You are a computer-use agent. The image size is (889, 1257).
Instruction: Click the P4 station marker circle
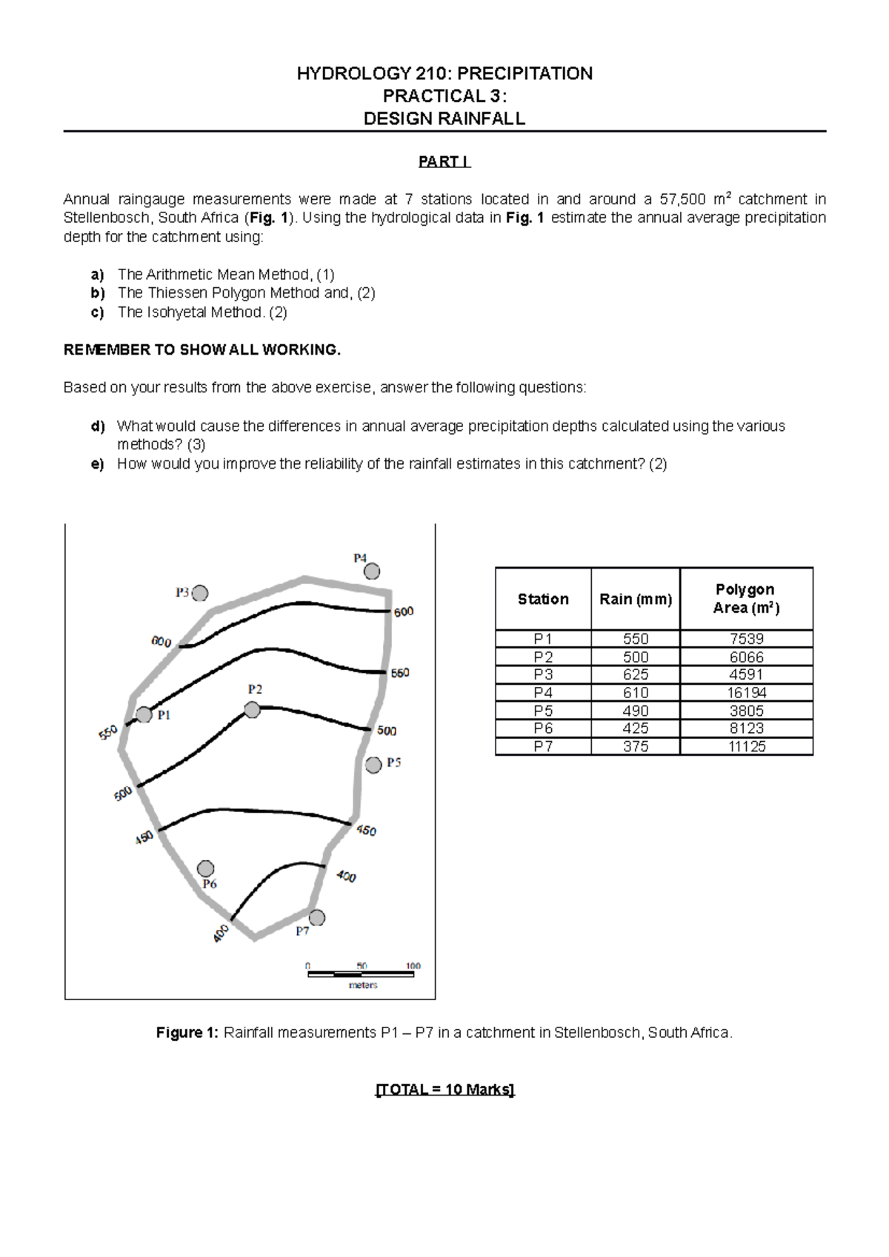pyautogui.click(x=372, y=571)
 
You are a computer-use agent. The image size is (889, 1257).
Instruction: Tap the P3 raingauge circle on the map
pyautogui.click(x=200, y=593)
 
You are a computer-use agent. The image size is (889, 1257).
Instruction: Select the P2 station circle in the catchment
pyautogui.click(x=253, y=710)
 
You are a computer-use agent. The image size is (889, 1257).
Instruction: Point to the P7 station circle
pyautogui.click(x=317, y=918)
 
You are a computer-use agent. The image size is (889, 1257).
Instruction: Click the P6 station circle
pyautogui.click(x=206, y=868)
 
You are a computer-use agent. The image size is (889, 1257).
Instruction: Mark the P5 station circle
pyautogui.click(x=373, y=765)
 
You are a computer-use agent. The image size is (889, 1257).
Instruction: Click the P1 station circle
pyautogui.click(x=144, y=715)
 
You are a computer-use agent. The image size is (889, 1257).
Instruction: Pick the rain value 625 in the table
pyautogui.click(x=636, y=674)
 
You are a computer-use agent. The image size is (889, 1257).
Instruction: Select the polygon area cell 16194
pyautogui.click(x=746, y=693)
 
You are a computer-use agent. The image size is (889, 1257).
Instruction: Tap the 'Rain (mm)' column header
pyautogui.click(x=636, y=599)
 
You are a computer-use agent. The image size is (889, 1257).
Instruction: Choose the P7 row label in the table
pyautogui.click(x=543, y=746)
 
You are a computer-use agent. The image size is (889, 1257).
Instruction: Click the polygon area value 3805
pyautogui.click(x=746, y=711)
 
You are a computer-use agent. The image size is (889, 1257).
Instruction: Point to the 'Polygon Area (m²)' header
pyautogui.click(x=746, y=599)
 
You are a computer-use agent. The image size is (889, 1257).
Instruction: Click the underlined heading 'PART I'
pyautogui.click(x=444, y=161)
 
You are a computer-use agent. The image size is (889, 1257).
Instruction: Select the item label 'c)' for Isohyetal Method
pyautogui.click(x=97, y=312)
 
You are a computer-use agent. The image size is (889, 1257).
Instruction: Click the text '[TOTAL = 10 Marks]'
pyautogui.click(x=444, y=1090)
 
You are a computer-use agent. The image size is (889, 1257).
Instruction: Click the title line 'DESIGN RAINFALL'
pyautogui.click(x=444, y=118)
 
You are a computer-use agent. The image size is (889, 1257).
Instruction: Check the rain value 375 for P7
pyautogui.click(x=636, y=746)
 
